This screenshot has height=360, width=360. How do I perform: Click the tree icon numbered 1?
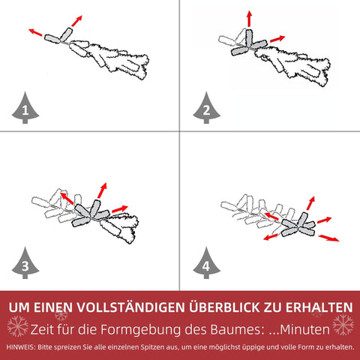[25, 108]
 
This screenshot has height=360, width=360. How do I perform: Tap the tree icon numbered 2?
[206, 108]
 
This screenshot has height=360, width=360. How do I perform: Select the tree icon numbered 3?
[25, 263]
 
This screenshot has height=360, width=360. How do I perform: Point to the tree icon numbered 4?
[206, 263]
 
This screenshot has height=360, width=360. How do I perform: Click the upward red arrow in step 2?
[249, 19]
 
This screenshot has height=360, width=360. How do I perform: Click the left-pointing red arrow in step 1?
[35, 32]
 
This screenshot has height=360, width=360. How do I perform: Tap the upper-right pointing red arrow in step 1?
[76, 21]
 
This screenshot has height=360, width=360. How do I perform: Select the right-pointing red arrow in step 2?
[277, 39]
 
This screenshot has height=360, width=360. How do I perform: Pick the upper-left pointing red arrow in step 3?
[67, 198]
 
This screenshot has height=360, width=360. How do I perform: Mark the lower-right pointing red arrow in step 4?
[328, 238]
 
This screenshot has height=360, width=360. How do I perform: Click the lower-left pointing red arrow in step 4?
[271, 237]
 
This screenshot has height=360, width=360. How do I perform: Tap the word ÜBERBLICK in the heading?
[224, 307]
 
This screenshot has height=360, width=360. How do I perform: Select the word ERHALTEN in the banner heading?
[319, 307]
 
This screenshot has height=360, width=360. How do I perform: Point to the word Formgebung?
[141, 330]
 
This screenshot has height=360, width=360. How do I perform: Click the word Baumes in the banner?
[238, 330]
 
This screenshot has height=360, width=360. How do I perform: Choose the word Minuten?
[304, 330]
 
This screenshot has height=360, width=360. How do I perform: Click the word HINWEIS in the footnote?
[21, 347]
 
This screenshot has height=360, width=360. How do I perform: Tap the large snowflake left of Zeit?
[17, 326]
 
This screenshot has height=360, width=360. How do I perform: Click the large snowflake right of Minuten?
[343, 325]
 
